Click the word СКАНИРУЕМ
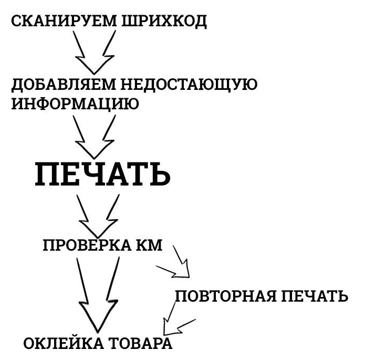tap(64, 21)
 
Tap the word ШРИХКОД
tap(164, 22)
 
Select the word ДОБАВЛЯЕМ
tap(64, 85)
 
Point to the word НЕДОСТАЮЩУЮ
tap(189, 85)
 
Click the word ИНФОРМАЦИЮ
tap(75, 104)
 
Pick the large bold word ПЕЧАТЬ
tap(102, 174)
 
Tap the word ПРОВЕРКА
tap(87, 245)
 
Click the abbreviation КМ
tap(149, 245)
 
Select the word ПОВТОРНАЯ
tap(226, 296)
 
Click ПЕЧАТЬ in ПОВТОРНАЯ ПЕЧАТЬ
tap(315, 296)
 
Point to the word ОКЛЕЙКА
tap(64, 343)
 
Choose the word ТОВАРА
tap(140, 343)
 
